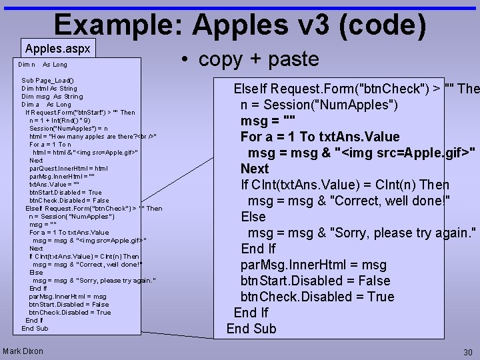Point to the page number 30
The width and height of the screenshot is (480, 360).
pyautogui.click(x=467, y=351)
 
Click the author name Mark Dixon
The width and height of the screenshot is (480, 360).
pyautogui.click(x=23, y=351)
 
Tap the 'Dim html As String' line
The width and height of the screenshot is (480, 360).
pyautogui.click(x=49, y=89)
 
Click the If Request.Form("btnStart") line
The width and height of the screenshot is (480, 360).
pyautogui.click(x=80, y=113)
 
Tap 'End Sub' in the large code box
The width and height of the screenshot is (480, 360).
pyautogui.click(x=251, y=329)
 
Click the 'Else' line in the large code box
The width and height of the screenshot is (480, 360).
pyautogui.click(x=253, y=217)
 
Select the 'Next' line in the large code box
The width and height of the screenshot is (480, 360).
pyautogui.click(x=255, y=169)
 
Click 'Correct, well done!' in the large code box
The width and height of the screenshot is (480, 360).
pyautogui.click(x=387, y=201)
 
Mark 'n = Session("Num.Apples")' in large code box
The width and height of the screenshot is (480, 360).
pyautogui.click(x=320, y=105)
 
